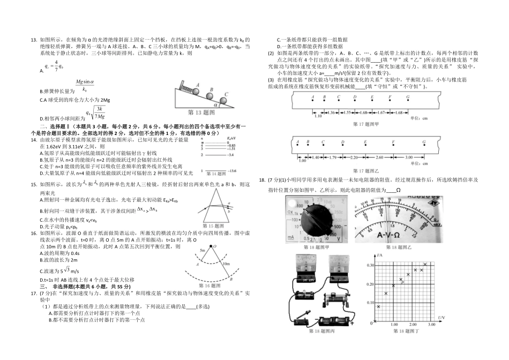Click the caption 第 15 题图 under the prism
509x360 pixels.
point(214,226)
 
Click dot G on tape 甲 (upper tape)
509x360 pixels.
point(408,98)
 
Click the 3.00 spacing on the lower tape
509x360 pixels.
point(409,157)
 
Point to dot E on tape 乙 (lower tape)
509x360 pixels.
point(365,143)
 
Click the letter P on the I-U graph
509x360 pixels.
point(402,282)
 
